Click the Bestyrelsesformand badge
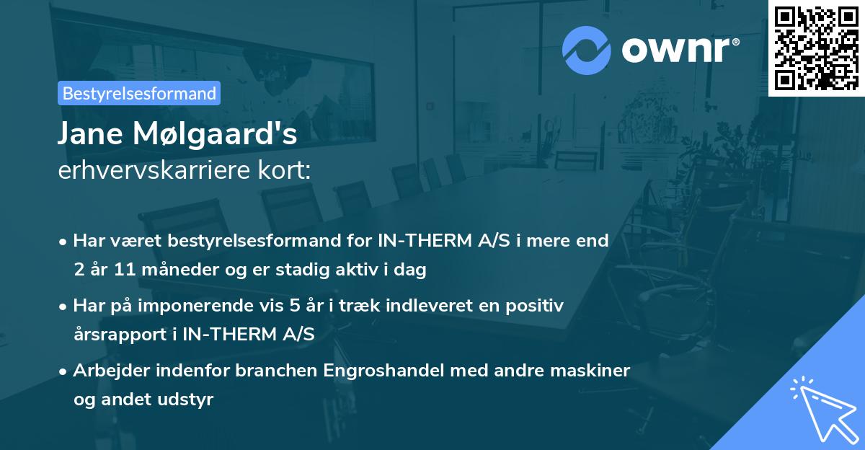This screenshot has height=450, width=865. (139, 93)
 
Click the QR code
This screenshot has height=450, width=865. (816, 48)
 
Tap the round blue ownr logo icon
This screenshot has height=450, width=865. (587, 50)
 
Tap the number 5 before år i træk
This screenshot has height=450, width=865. (294, 306)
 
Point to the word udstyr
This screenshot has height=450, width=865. (190, 400)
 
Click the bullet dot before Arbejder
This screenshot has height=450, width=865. (64, 371)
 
